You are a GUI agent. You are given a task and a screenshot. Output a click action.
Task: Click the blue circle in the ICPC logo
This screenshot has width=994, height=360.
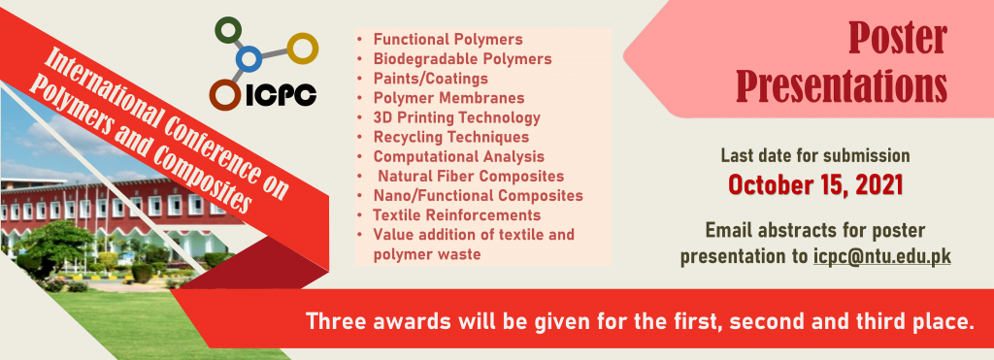click(248, 59)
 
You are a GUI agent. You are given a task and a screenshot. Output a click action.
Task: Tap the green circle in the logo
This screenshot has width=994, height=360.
click(228, 30)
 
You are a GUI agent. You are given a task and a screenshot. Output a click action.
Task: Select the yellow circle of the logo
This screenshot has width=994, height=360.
click(303, 49)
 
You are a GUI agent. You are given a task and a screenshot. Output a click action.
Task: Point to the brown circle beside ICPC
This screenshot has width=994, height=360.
click(224, 95)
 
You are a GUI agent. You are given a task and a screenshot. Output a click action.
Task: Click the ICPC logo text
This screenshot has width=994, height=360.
click(280, 96)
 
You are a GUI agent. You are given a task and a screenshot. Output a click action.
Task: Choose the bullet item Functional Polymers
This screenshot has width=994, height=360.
click(448, 39)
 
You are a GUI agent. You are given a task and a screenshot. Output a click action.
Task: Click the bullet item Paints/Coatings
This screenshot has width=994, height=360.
click(430, 79)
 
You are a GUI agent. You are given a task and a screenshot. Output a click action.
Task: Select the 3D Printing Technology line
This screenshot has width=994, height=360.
click(456, 117)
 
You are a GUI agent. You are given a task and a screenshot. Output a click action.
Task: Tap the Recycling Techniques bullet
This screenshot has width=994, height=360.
click(450, 137)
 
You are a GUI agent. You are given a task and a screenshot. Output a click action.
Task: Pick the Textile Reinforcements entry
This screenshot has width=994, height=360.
click(456, 214)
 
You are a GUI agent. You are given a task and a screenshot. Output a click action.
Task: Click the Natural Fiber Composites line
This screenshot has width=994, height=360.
click(471, 176)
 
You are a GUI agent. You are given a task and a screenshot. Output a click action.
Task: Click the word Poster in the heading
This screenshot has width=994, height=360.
click(898, 38)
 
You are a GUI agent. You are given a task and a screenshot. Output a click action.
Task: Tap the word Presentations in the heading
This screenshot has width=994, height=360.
click(842, 85)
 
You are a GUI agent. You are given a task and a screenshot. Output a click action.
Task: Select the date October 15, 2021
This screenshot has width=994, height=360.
click(815, 184)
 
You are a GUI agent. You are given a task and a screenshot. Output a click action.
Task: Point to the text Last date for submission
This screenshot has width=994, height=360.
click(815, 155)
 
